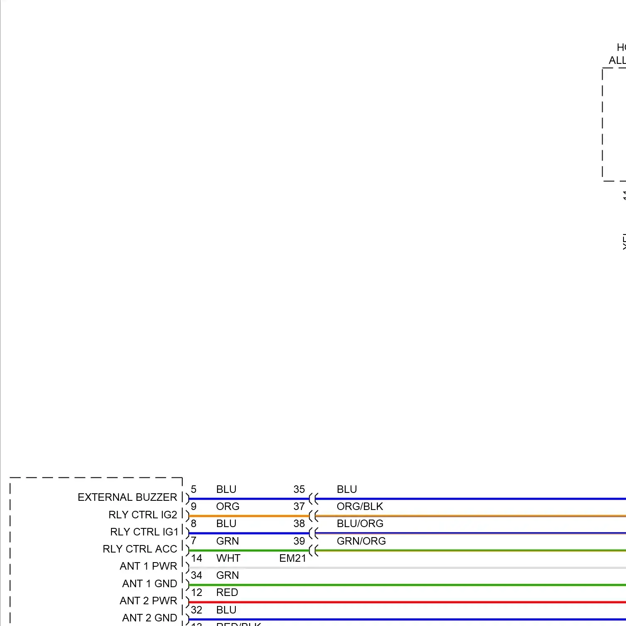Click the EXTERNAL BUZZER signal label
(x=127, y=497)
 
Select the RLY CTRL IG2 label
(x=143, y=515)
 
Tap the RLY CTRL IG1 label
(x=144, y=532)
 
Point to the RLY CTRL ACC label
(x=140, y=549)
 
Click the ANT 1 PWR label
(x=148, y=566)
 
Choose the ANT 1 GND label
(x=149, y=583)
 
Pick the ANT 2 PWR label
(x=148, y=601)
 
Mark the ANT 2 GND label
(x=149, y=618)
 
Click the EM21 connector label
(x=293, y=558)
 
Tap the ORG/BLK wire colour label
(x=360, y=506)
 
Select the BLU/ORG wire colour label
(x=360, y=523)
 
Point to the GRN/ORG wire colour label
(x=361, y=541)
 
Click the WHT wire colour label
(x=228, y=558)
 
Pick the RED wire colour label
(x=227, y=592)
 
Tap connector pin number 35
(x=299, y=489)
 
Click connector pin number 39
(x=299, y=541)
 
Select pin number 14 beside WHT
(x=197, y=558)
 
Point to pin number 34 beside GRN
(x=197, y=575)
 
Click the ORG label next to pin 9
(x=227, y=506)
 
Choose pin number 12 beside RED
(x=197, y=592)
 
